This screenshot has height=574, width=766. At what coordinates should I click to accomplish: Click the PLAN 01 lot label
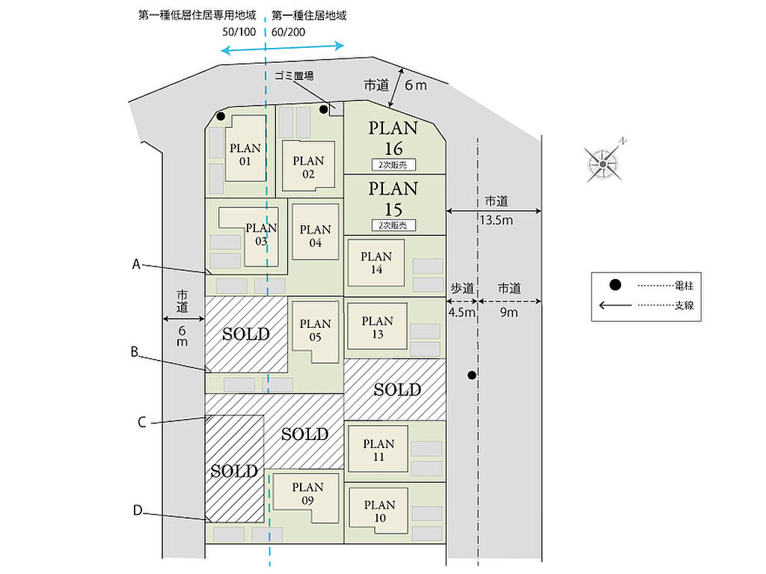(245, 153)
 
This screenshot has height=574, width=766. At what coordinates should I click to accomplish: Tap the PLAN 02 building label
(308, 167)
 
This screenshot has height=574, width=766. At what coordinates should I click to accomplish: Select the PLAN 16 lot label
(393, 138)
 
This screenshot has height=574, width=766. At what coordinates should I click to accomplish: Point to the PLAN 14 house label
(376, 263)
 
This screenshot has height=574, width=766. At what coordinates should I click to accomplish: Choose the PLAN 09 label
(307, 493)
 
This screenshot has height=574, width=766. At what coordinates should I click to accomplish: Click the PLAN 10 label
(379, 511)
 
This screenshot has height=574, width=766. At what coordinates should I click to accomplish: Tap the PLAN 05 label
(315, 330)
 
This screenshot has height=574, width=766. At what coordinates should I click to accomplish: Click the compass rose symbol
(603, 162)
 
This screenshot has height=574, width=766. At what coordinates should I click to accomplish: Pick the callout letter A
(137, 263)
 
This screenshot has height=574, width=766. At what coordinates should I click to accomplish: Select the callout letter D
(138, 510)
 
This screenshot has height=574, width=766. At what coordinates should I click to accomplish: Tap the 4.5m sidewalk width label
(462, 312)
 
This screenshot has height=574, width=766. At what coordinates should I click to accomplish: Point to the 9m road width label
(509, 312)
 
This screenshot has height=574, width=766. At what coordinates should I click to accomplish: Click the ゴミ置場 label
(293, 76)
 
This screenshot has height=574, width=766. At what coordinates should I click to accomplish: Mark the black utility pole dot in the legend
(615, 285)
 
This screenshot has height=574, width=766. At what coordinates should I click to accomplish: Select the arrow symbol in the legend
(615, 305)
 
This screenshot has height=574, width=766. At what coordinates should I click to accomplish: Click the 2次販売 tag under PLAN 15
(393, 225)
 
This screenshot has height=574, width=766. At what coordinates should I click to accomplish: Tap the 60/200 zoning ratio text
(288, 33)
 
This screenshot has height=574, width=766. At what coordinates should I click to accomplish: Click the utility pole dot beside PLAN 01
(221, 116)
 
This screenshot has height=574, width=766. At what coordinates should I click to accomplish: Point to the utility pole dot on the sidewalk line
(471, 375)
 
